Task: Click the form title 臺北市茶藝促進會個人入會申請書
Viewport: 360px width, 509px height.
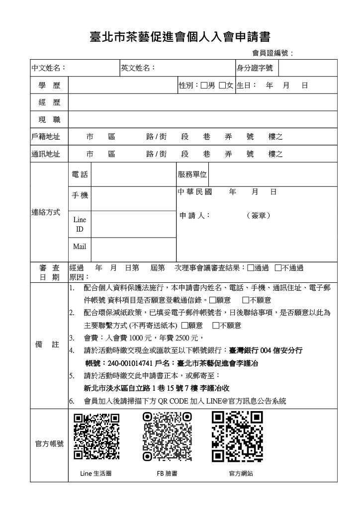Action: (x=180, y=37)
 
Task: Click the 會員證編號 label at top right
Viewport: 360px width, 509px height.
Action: (x=273, y=53)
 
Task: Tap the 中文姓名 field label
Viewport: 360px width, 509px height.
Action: (x=49, y=68)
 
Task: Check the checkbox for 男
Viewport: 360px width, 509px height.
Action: (x=204, y=85)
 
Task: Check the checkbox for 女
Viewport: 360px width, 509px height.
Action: (x=222, y=85)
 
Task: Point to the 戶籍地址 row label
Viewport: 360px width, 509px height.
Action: (x=46, y=137)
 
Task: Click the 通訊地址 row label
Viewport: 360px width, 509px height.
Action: (x=46, y=154)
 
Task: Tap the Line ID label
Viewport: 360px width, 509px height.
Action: (x=80, y=224)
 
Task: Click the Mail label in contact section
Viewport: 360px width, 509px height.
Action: (x=80, y=247)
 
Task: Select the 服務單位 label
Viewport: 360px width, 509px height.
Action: (x=192, y=174)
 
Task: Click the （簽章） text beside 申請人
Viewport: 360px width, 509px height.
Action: (x=259, y=216)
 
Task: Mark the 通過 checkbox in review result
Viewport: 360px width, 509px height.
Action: (x=250, y=268)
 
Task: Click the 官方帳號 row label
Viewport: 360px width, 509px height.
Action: (x=49, y=444)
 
